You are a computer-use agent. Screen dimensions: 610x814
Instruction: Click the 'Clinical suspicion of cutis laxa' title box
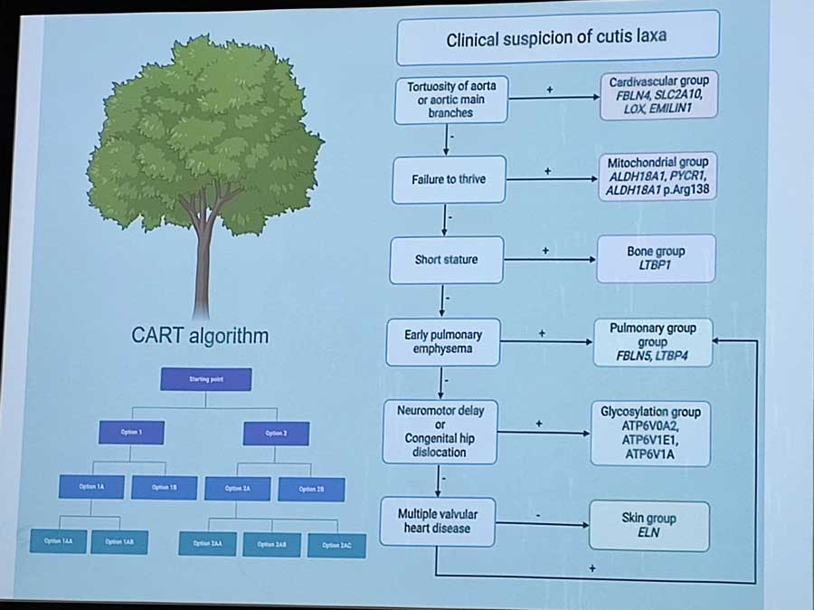point(556,39)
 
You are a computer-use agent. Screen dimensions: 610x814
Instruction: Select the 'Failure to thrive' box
point(449,179)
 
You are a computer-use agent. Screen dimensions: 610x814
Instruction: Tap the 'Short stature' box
point(446,260)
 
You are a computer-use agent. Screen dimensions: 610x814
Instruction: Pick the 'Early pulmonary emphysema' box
point(442,341)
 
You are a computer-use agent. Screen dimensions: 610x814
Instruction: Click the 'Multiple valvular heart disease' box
point(438,520)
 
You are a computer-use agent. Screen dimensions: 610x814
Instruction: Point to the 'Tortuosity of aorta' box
point(450,100)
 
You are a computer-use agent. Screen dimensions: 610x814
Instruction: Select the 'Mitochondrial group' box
point(658,176)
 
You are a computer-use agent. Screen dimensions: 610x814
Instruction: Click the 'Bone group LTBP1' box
point(656,258)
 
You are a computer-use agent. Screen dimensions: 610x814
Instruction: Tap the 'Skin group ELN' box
point(648,525)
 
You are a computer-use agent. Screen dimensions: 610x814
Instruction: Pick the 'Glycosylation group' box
point(650,433)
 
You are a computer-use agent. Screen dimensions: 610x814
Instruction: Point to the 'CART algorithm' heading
point(200,337)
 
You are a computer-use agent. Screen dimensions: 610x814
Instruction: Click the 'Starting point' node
point(206,379)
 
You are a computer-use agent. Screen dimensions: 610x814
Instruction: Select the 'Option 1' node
point(132,434)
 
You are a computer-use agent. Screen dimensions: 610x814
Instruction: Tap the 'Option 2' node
point(276,434)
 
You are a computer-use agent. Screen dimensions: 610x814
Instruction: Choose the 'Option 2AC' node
point(336,545)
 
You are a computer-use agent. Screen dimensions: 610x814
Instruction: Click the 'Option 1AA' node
point(58,542)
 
